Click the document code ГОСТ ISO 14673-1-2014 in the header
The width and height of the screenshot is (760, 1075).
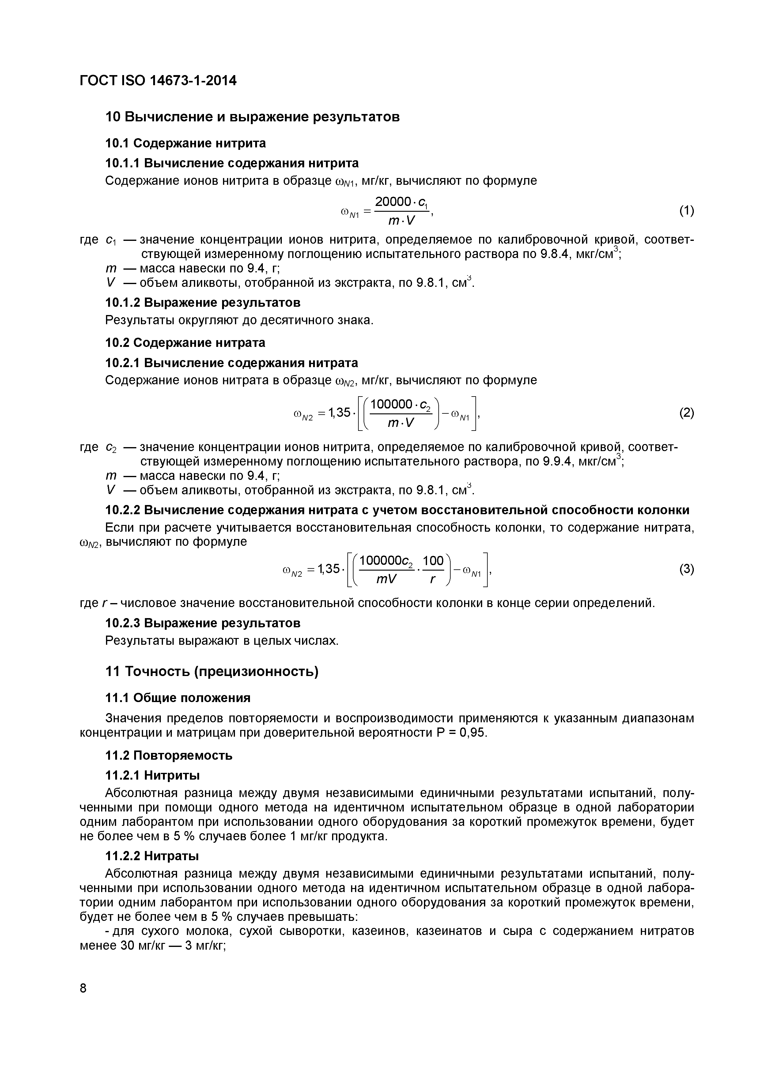(158, 81)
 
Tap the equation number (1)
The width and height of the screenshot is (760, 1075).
(686, 211)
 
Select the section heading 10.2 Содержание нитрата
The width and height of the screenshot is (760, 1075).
(185, 343)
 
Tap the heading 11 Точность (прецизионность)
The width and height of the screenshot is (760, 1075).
(212, 671)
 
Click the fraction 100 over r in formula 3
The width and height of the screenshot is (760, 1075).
(433, 570)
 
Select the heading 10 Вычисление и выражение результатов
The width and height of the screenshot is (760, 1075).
(253, 116)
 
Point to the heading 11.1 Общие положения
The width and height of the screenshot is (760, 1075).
(178, 698)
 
